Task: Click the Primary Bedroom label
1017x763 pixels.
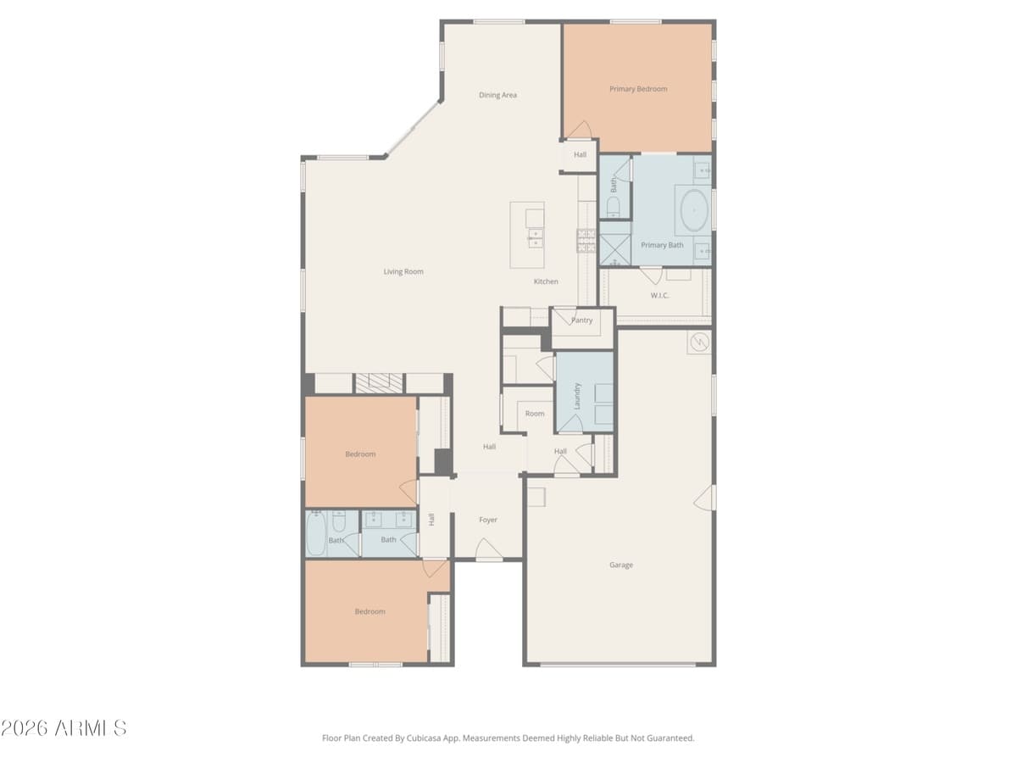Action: click(637, 89)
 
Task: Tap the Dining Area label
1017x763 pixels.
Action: click(497, 95)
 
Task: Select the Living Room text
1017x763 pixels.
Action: click(403, 271)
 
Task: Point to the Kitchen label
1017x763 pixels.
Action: click(546, 281)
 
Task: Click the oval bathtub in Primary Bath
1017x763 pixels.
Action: click(694, 210)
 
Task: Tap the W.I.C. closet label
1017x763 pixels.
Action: click(659, 295)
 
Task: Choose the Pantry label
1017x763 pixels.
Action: click(582, 320)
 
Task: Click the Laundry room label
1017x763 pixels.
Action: click(577, 395)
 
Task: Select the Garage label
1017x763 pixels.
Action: click(621, 565)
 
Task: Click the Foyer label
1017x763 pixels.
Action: click(488, 520)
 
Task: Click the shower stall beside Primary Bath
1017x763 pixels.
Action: click(614, 250)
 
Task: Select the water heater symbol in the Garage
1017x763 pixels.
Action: click(699, 343)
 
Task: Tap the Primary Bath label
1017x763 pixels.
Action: click(662, 245)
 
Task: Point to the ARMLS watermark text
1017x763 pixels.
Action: click(64, 728)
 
